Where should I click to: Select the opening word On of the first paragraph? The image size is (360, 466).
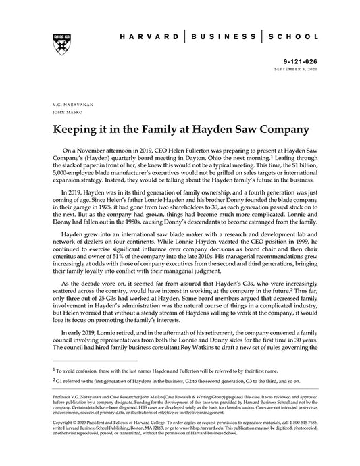pyautogui.click(x=66, y=146)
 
